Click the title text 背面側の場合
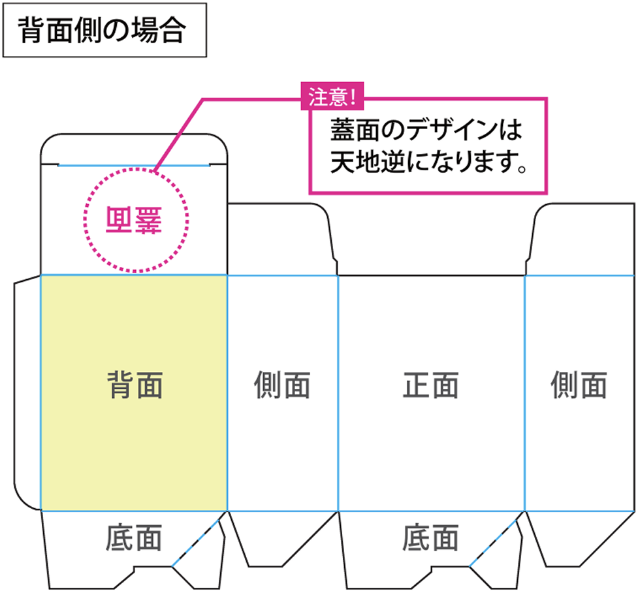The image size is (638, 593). click(102, 31)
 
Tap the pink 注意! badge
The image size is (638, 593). click(332, 97)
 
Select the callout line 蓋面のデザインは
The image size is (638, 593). click(426, 130)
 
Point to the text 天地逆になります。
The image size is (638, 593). click(429, 162)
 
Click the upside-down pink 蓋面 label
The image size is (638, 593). click(134, 220)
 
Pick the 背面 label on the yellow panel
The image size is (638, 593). click(135, 384)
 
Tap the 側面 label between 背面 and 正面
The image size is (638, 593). click(282, 384)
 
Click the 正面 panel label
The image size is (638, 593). click(431, 384)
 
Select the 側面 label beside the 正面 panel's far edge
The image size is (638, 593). click(579, 384)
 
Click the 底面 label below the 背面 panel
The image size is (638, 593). click(134, 538)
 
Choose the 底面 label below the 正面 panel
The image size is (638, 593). click(431, 538)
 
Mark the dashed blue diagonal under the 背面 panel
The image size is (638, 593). click(196, 543)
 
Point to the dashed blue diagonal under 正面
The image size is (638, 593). click(493, 543)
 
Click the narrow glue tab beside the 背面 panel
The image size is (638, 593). click(27, 393)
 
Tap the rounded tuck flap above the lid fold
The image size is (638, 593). click(134, 149)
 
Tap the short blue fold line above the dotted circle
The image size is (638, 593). click(134, 166)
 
